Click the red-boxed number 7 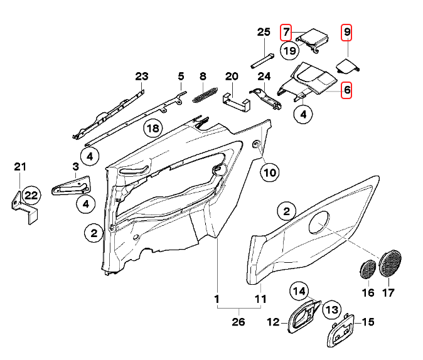pos(286,31)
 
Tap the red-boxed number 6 pos(346,90)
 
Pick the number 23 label pos(142,77)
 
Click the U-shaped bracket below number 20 pos(235,101)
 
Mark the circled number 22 pos(31,196)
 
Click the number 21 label pos(20,167)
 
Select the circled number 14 pos(299,291)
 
